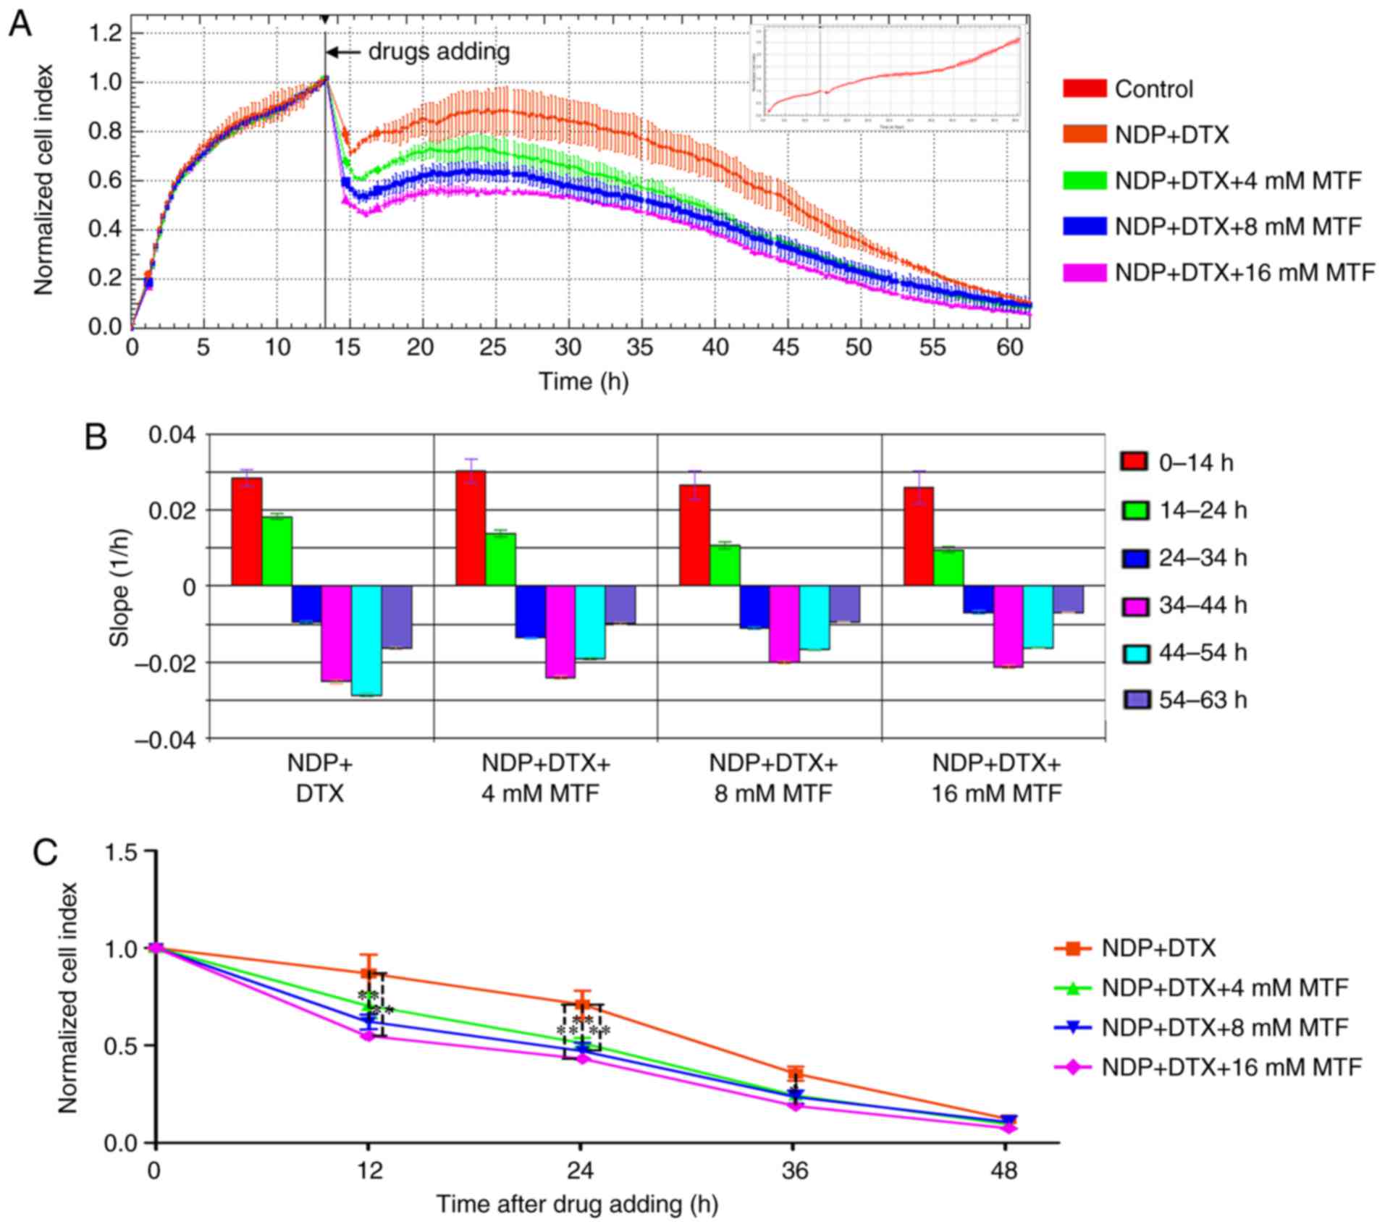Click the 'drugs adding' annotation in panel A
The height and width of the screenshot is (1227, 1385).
[439, 52]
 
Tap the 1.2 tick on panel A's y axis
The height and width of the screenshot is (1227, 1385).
[105, 34]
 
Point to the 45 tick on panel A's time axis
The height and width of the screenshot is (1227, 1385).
[786, 348]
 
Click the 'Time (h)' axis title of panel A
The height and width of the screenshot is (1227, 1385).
[584, 381]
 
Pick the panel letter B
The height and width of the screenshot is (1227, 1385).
[96, 437]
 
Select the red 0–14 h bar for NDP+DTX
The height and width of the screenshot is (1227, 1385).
[247, 531]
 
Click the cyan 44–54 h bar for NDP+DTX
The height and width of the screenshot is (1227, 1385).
[367, 640]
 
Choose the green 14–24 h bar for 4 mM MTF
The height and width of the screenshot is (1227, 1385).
[501, 559]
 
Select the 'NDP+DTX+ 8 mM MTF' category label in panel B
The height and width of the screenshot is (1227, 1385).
[773, 778]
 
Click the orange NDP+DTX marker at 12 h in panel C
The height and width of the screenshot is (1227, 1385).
[369, 974]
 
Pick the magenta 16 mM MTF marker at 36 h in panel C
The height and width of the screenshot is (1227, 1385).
[795, 1105]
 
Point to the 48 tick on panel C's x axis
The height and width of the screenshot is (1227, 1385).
[1006, 1171]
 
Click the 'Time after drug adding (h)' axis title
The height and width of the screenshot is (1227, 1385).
[576, 1205]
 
